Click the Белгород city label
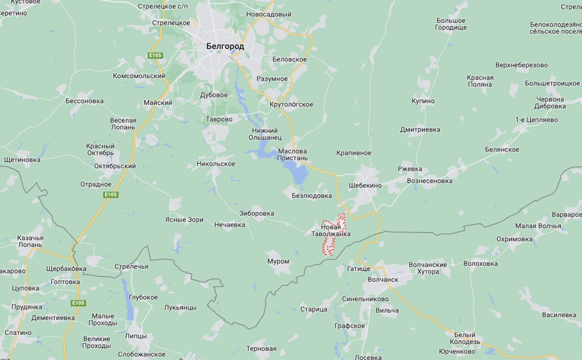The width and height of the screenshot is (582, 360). (225, 46)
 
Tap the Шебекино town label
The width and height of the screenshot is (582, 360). (365, 185)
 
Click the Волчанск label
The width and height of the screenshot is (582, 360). (383, 279)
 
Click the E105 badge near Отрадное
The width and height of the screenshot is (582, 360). (111, 195)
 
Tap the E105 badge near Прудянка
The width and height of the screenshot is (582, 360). (78, 303)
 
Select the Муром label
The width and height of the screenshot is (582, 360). (278, 261)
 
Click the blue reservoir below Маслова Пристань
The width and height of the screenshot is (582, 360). (298, 174)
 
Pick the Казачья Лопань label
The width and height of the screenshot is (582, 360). (30, 241)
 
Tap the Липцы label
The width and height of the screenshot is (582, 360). (136, 336)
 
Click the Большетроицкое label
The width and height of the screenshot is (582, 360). (552, 83)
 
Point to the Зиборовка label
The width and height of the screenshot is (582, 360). (256, 214)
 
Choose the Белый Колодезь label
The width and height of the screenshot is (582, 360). (465, 338)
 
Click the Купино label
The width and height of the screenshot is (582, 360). (423, 101)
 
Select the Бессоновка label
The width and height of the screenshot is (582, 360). (84, 101)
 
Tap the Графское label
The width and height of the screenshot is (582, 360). (349, 326)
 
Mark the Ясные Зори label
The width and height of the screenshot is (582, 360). (184, 220)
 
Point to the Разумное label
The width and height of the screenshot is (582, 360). (272, 79)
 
